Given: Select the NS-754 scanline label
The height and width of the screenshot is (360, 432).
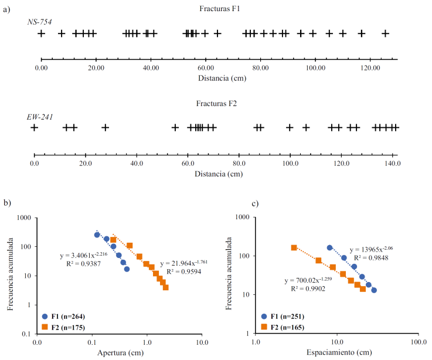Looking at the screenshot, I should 40,22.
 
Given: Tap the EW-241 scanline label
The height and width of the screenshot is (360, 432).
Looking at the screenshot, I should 40,117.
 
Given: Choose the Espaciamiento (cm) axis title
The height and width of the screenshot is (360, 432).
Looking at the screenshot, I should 336,352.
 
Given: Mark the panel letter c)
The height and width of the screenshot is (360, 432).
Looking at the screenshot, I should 255,203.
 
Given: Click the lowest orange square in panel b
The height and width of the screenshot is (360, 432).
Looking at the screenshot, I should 166,287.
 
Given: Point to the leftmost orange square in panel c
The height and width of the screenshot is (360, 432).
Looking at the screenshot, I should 294,248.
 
